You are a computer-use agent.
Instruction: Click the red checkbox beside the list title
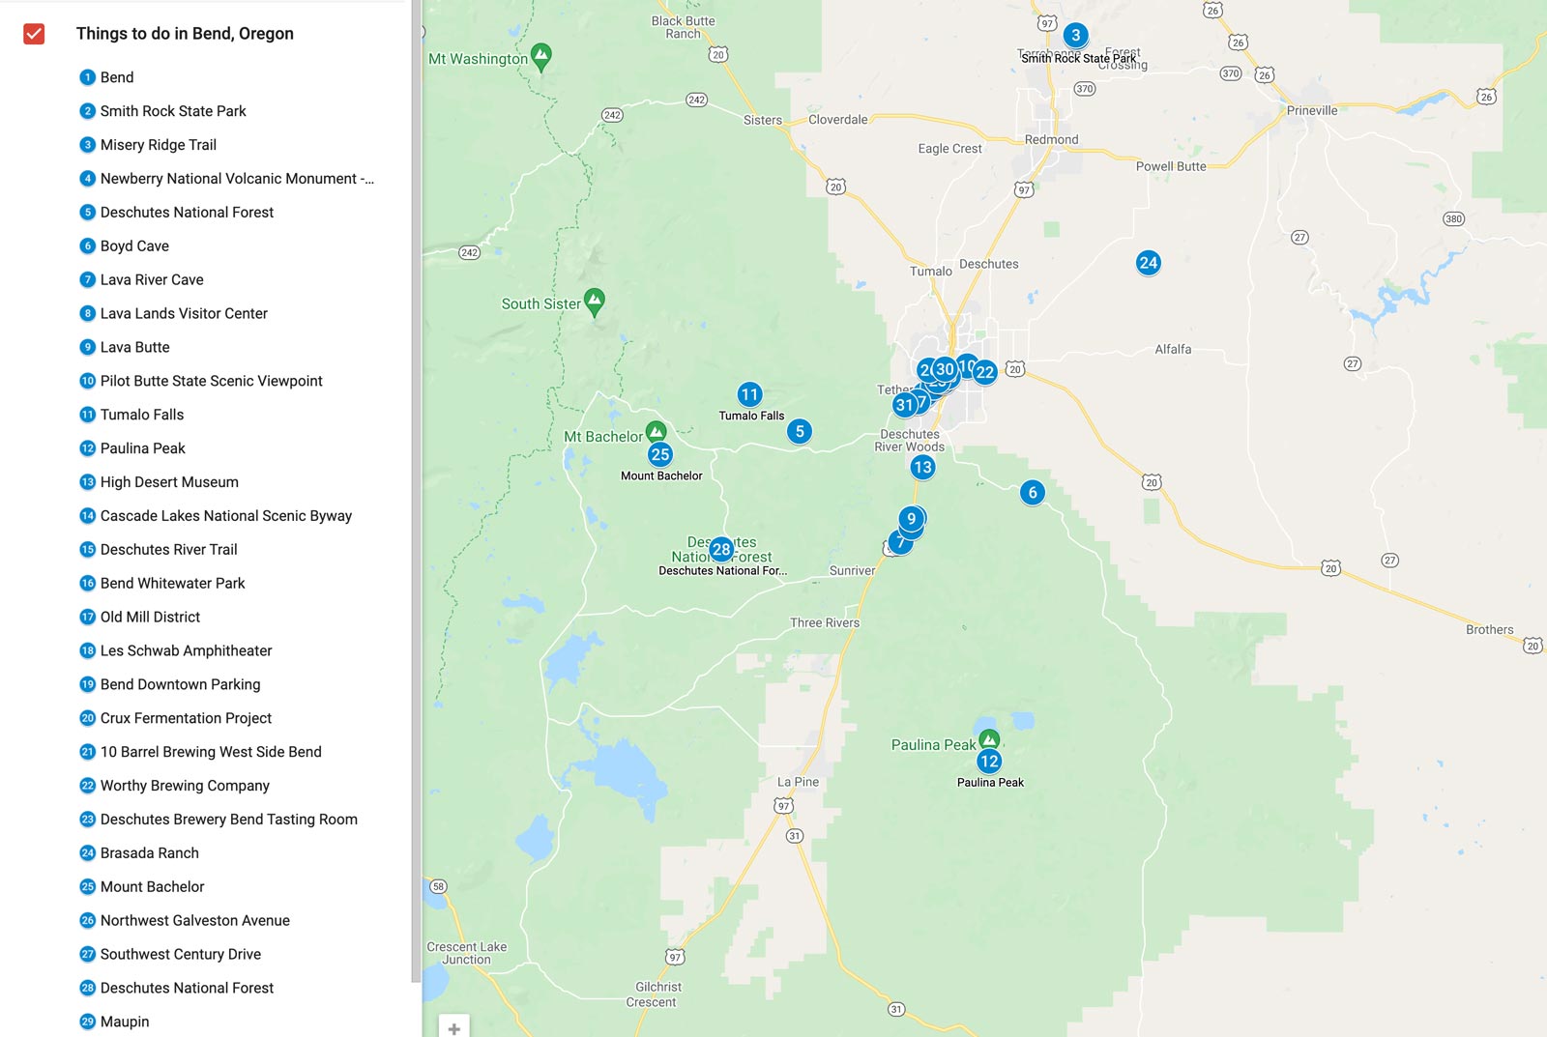[x=34, y=34]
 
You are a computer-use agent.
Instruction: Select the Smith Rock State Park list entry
[x=173, y=111]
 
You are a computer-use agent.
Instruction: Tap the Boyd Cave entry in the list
[x=134, y=245]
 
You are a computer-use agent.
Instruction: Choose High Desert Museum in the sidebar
[x=169, y=482]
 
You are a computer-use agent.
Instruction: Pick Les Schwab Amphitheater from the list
[x=186, y=650]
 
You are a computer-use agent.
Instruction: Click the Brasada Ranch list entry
[x=150, y=852]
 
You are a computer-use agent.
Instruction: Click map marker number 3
[x=1075, y=36]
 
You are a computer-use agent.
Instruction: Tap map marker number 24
[x=1148, y=263]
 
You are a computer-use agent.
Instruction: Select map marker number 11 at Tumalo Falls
[x=749, y=394]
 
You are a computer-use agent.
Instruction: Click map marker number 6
[x=1032, y=493]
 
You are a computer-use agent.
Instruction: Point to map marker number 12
[x=988, y=762]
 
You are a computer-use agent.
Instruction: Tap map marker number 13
[x=922, y=468]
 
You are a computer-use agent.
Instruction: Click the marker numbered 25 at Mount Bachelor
[x=660, y=454]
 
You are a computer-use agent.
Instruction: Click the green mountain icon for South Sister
[x=595, y=301]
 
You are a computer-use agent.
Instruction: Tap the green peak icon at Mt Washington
[x=541, y=55]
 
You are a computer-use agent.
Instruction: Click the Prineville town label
[x=1312, y=111]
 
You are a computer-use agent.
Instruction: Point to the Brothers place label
[x=1489, y=630]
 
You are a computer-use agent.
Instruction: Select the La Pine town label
[x=798, y=782]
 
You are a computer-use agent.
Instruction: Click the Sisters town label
[x=762, y=121]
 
